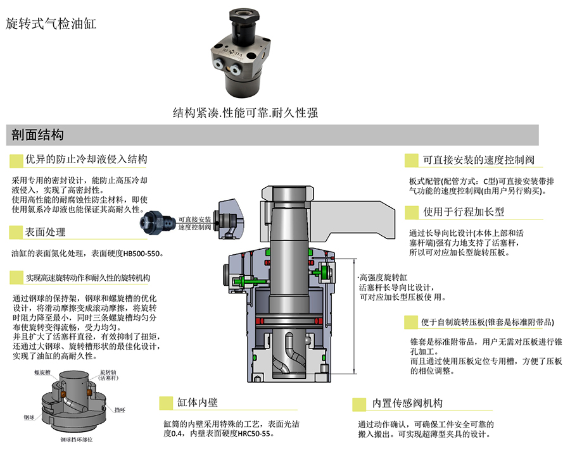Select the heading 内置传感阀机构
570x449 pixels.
407,403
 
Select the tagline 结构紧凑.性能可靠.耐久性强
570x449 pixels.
245,113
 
